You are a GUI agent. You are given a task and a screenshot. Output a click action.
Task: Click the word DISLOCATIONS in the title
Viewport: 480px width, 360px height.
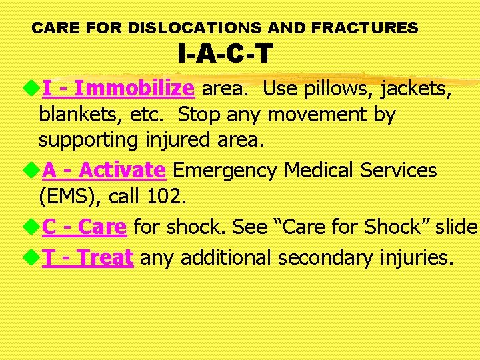(194, 28)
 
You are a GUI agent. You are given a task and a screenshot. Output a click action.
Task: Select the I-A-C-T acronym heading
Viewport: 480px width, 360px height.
(225, 54)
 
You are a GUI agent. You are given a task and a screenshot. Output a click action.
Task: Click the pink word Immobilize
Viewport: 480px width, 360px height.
(135, 88)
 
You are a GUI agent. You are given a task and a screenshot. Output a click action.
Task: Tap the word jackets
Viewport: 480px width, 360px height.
(415, 88)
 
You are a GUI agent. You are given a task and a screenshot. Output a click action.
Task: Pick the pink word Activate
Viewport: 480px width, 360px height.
(122, 170)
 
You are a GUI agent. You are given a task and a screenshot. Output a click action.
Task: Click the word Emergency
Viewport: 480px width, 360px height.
(225, 170)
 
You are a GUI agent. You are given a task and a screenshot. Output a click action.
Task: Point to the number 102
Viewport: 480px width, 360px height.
(169, 197)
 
